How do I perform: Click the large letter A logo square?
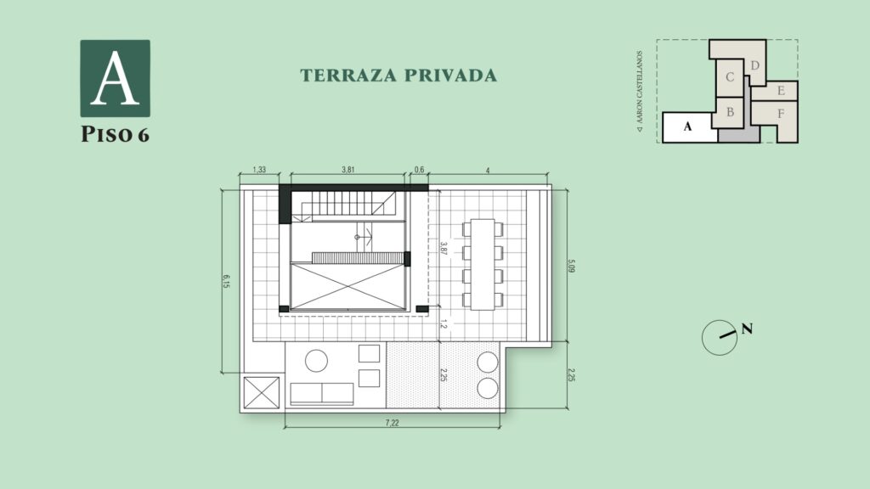pyautogui.click(x=115, y=78)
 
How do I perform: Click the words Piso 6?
pyautogui.click(x=115, y=134)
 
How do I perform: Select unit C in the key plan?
pyautogui.click(x=730, y=77)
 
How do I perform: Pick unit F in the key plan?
pyautogui.click(x=781, y=115)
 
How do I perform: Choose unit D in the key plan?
pyautogui.click(x=754, y=65)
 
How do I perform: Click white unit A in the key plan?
pyautogui.click(x=688, y=127)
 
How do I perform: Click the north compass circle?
pyautogui.click(x=719, y=338)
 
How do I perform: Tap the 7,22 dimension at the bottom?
pyautogui.click(x=392, y=423)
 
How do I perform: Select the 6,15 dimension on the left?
pyautogui.click(x=226, y=281)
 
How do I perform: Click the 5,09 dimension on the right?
pyautogui.click(x=572, y=266)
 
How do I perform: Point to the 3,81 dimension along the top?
pyautogui.click(x=347, y=170)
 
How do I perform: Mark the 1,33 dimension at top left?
pyautogui.click(x=259, y=170)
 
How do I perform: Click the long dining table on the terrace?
pyautogui.click(x=483, y=265)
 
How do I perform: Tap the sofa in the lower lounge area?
pyautogui.click(x=322, y=394)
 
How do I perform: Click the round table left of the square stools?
pyautogui.click(x=316, y=361)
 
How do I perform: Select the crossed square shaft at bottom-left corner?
pyautogui.click(x=262, y=392)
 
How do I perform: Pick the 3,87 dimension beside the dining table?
pyautogui.click(x=443, y=248)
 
